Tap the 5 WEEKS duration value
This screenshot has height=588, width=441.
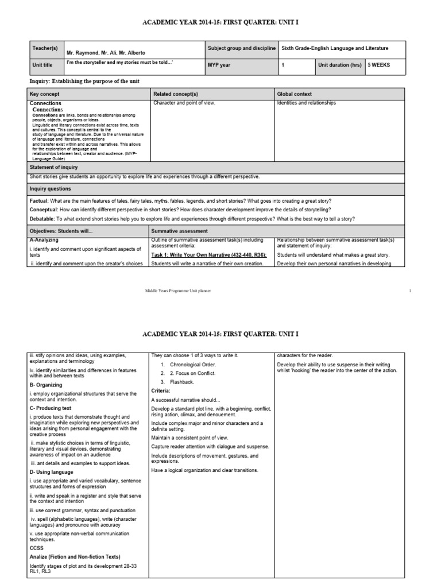coord(380,65)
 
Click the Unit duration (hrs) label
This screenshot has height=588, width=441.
coord(341,65)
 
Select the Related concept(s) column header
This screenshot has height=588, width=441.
coord(176,94)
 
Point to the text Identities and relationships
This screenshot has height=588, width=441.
coord(307,103)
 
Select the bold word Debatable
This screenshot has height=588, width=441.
coord(43,219)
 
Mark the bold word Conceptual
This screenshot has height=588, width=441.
coord(45,210)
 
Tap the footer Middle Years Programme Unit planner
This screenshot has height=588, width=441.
coord(178,291)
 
